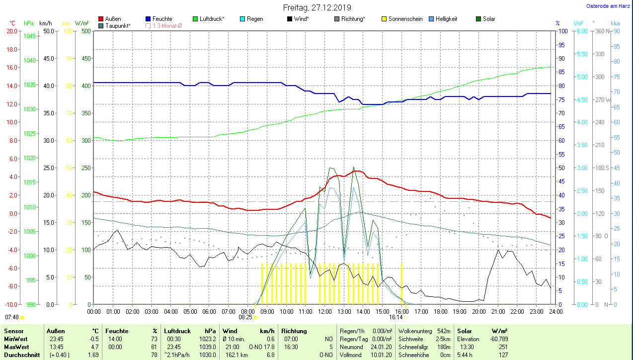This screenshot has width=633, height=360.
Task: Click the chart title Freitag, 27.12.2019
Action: point(317,7)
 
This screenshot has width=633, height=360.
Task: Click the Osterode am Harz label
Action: point(608,6)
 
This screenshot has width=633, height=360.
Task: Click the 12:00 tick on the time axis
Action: point(325,312)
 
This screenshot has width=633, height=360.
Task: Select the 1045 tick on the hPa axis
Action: point(30,36)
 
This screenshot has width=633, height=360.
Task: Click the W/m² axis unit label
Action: point(82,23)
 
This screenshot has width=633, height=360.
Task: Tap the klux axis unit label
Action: point(616,23)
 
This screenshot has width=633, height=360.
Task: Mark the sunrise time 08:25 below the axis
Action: point(245,317)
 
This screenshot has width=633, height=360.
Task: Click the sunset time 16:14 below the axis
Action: point(396,317)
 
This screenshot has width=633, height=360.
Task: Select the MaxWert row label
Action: point(15,347)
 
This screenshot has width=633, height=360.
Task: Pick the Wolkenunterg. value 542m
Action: point(444,331)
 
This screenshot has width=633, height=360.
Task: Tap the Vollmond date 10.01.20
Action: point(381,355)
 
